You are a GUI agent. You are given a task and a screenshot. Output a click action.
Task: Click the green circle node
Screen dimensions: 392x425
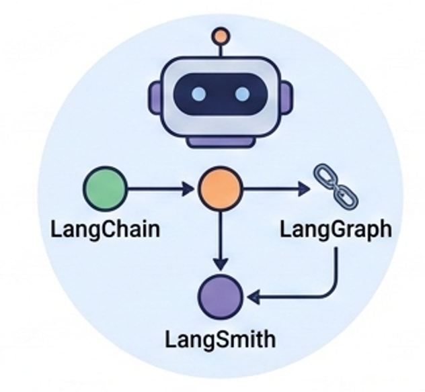pos(105,189)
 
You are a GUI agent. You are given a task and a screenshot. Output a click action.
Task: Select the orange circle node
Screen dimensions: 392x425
pos(219,189)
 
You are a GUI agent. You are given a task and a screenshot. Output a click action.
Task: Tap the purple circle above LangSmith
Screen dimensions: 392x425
pos(220,296)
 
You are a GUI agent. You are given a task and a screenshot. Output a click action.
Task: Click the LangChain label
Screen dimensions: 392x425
pos(106,229)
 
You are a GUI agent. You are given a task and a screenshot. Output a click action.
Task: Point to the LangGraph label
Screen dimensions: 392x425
pos(336,229)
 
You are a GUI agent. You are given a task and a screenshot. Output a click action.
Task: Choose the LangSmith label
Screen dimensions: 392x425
pos(220,338)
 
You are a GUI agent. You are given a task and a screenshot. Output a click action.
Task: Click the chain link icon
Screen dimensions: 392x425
pos(335,185)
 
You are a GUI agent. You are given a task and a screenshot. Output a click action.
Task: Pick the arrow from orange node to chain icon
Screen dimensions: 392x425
pos(273,189)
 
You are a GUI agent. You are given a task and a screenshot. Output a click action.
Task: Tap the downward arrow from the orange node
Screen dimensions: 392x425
pos(219,238)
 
